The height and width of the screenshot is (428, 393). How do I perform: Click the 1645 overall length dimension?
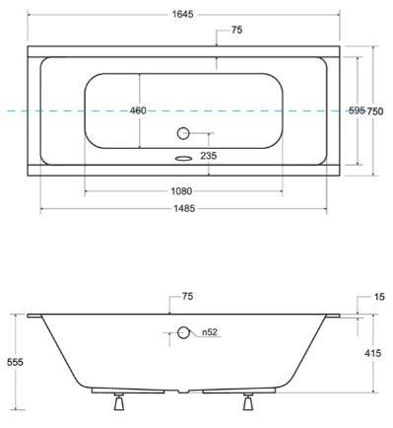coord(183,14)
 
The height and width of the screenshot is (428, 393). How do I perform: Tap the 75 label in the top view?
coord(236,30)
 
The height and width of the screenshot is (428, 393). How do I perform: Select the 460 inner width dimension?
coord(138,110)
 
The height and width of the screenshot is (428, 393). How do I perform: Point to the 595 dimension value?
coord(357,110)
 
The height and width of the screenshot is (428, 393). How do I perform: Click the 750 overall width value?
coord(375,111)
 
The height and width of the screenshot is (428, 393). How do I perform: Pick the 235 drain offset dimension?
coord(209,156)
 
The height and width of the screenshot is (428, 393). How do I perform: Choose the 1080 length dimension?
coord(181,191)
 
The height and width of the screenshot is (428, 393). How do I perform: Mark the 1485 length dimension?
coord(184,208)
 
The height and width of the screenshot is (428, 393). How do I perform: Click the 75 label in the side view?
coord(187,297)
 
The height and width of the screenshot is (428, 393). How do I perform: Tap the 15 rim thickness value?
coord(379,297)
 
